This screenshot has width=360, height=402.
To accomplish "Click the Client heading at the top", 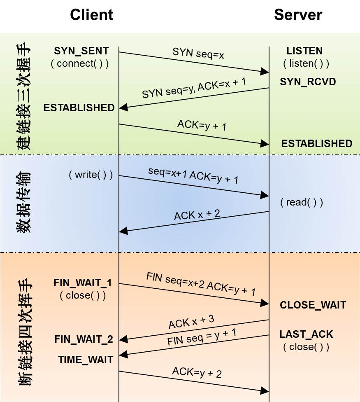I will (x=91, y=15).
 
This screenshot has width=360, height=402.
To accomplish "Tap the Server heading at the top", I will (x=298, y=15).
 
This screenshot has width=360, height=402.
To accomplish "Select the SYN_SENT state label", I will (x=81, y=51).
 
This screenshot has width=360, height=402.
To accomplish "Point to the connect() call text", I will (x=80, y=63).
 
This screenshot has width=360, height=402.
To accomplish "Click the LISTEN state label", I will (x=304, y=51).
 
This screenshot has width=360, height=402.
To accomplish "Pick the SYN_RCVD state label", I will (x=308, y=82).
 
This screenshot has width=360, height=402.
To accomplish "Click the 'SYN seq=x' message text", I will (x=198, y=53).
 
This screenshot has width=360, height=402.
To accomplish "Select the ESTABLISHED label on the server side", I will (x=316, y=143).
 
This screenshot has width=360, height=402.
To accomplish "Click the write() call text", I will (x=91, y=175).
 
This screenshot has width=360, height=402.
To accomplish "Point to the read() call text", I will (x=302, y=202).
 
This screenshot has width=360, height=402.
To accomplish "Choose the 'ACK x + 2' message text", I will (x=197, y=215).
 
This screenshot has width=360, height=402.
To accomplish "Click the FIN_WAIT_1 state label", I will (x=83, y=283).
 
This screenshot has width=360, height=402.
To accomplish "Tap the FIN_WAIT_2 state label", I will (x=84, y=339).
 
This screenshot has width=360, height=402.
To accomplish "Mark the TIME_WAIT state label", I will (x=86, y=360).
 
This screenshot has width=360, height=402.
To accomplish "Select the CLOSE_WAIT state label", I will (x=313, y=305).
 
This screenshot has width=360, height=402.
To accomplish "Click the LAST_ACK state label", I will (x=306, y=334).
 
